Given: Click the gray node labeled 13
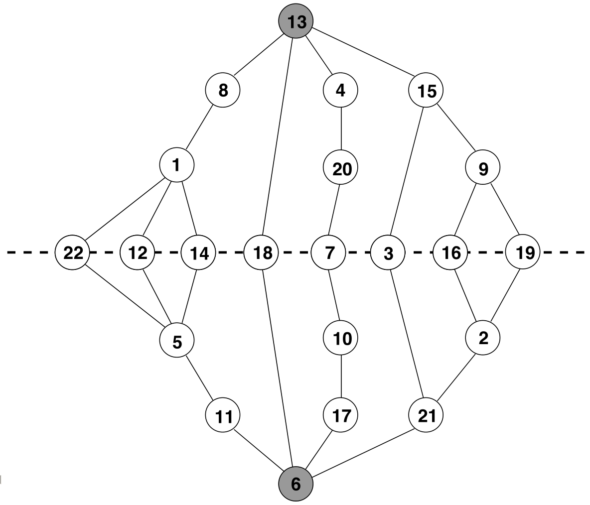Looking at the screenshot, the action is click(296, 21).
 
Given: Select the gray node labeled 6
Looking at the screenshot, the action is click(296, 484).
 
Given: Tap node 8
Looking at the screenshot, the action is click(223, 90).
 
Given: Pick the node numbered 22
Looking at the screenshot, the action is click(73, 252).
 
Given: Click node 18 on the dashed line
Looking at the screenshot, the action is click(262, 252).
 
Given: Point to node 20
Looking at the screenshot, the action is click(340, 168).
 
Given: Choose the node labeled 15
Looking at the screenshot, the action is click(426, 90).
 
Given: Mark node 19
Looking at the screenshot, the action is click(523, 252).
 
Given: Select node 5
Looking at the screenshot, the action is click(177, 340).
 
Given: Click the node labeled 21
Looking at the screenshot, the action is click(426, 415).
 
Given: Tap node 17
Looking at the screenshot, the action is click(340, 415).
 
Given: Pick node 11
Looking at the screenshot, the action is click(223, 415).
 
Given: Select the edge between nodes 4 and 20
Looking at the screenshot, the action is click(341, 129).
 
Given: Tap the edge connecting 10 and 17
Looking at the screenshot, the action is click(341, 377).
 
